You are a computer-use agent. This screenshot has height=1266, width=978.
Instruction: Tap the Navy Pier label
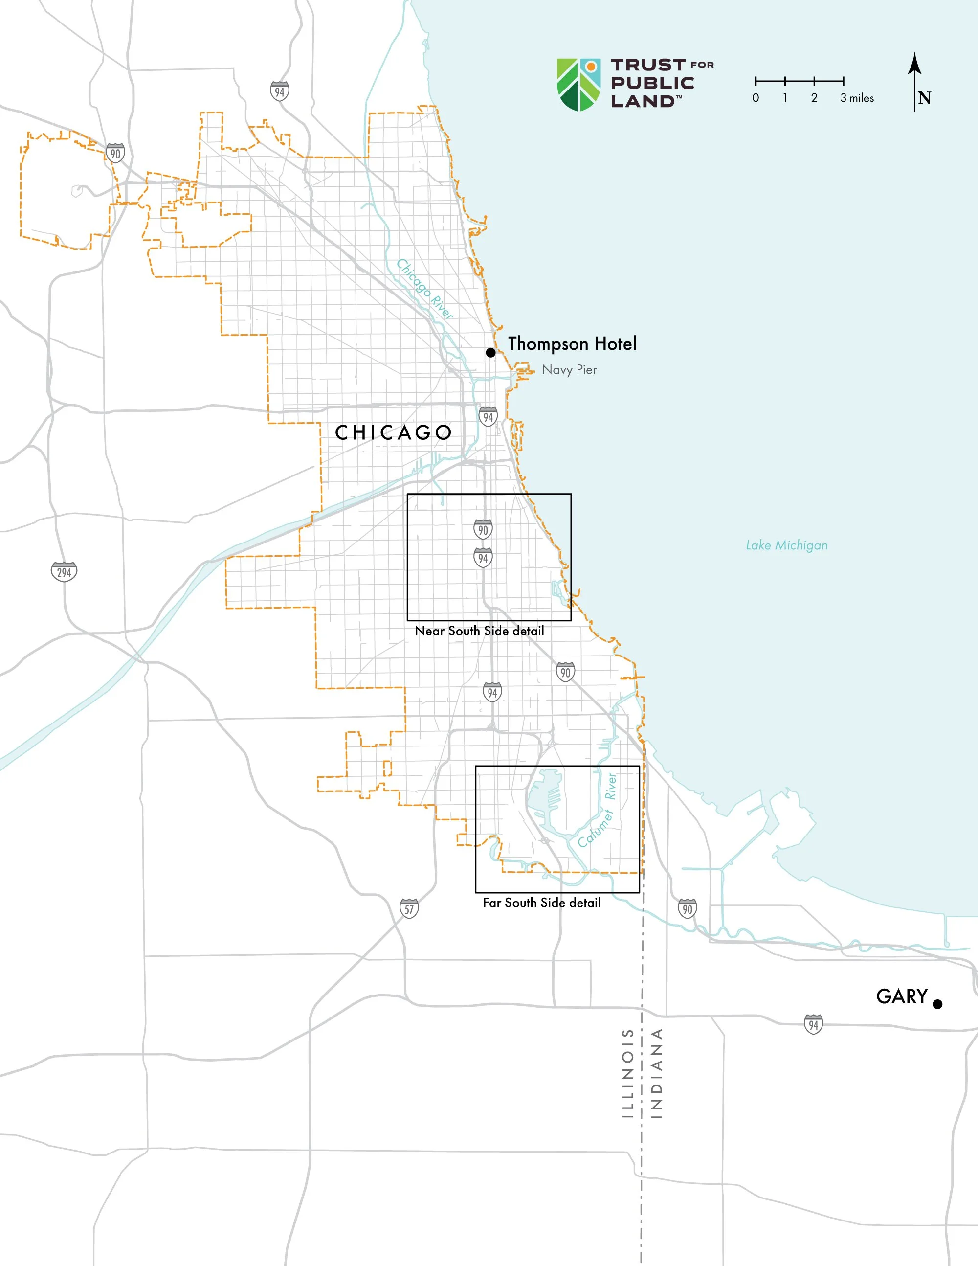tap(569, 370)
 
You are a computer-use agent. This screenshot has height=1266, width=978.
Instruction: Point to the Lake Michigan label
tap(786, 545)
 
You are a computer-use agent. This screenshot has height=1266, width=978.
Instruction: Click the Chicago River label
tap(424, 289)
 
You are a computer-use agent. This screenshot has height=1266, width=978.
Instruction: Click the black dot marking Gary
tap(937, 1004)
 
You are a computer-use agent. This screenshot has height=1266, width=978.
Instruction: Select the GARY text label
tap(902, 996)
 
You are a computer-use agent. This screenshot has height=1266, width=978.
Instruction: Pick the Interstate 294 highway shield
tap(64, 572)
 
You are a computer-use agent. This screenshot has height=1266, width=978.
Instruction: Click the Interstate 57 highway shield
tap(409, 908)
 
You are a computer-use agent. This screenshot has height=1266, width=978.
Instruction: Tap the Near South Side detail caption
tap(479, 631)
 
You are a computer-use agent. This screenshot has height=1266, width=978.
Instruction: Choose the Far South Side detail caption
tap(542, 903)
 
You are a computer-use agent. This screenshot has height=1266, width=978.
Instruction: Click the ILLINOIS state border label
tap(627, 1072)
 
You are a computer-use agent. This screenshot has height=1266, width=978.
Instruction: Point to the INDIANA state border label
tap(656, 1072)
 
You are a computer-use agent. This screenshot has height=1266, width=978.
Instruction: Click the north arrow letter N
tap(925, 98)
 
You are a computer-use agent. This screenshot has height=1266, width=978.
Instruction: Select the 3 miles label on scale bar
tap(857, 98)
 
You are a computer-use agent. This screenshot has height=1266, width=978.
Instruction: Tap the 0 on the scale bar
tap(756, 98)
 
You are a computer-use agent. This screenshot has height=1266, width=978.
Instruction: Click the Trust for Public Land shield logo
tap(578, 84)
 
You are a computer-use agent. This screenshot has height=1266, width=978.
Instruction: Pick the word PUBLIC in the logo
tap(652, 83)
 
